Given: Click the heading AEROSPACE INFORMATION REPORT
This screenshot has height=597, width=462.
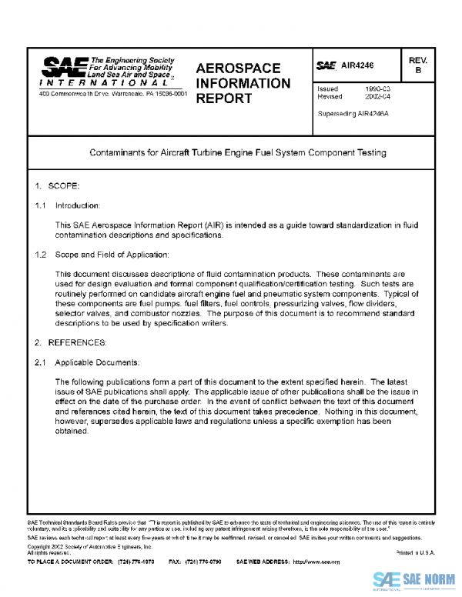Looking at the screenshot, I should (x=243, y=83).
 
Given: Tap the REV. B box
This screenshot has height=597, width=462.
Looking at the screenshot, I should (x=419, y=65).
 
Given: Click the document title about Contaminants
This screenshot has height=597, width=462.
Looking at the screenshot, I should (x=238, y=152).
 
